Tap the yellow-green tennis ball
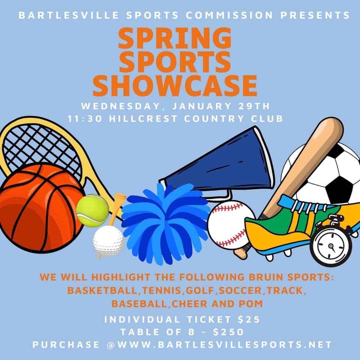tap(92, 210)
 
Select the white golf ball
tap(108, 241)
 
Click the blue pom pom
tap(166, 224)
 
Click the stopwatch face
tap(331, 247)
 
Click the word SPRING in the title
tap(175, 38)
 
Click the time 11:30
tap(85, 119)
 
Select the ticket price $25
tap(249, 319)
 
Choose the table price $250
tap(228, 332)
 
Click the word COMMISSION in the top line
tap(229, 15)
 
